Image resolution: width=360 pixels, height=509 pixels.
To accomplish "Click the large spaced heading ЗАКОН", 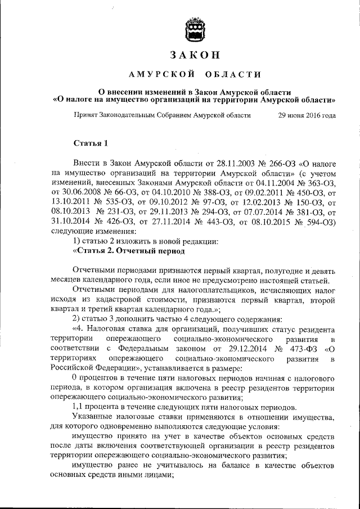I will point(193,55).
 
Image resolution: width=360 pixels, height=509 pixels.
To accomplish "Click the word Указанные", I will point(94,416).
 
